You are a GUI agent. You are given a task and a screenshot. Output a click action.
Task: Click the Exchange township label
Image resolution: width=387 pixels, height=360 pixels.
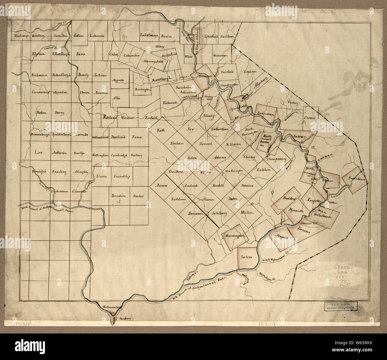pos(21,36)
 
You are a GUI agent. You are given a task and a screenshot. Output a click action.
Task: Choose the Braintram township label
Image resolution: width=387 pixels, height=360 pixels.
pos(264,113)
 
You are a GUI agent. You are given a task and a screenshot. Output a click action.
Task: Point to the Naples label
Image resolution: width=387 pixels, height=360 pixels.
pos(196,173)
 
